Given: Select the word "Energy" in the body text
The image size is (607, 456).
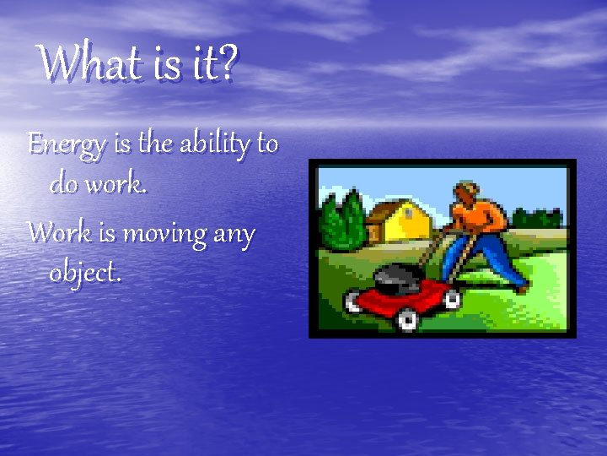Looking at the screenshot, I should point(67,145).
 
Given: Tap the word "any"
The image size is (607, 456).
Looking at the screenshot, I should point(234,235).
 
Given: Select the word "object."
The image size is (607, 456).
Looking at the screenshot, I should point(85,272).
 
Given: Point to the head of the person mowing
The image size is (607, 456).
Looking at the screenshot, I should point(465,193).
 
